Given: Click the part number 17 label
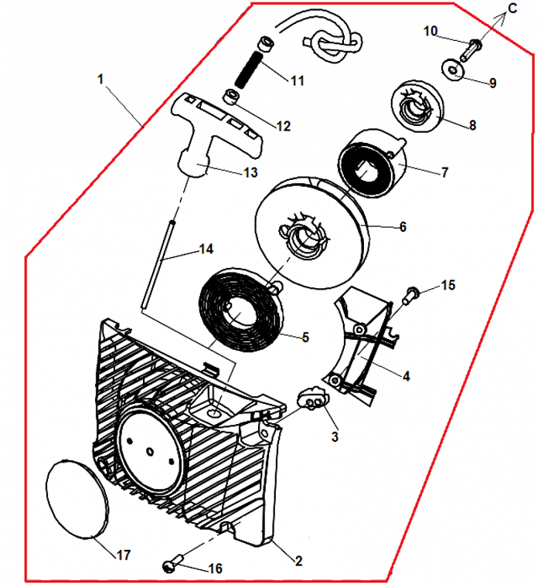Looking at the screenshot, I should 124,555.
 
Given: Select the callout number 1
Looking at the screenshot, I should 100,79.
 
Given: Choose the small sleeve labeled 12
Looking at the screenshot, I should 230,97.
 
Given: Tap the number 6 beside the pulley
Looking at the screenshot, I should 402,227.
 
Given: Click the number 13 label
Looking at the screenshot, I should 249,172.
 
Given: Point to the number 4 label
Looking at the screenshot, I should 405,376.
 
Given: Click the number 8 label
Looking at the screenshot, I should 472,124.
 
